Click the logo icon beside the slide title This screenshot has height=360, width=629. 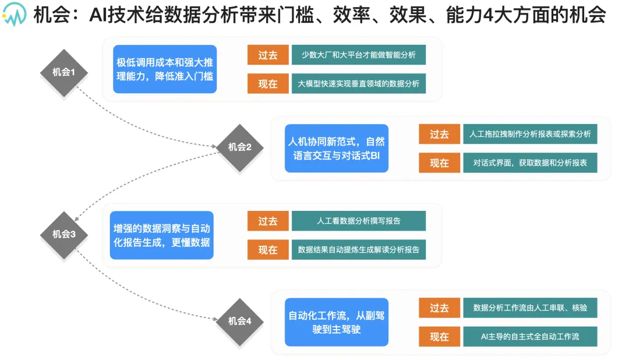pos(15,14)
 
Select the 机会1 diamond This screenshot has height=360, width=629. pos(64,73)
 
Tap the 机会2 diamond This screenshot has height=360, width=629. pos(239,148)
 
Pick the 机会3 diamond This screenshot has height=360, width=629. pos(64,235)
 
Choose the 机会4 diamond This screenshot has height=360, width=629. pos(239,322)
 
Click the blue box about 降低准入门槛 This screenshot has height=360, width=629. pos(165,69)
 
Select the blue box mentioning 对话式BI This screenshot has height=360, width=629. pos(337,148)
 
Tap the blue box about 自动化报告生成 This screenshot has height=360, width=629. pos(162,235)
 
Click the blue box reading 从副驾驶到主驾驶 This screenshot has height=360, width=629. pos(337,322)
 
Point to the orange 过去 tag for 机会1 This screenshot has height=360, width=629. pos(268,55)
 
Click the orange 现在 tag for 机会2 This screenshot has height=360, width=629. pos(439,163)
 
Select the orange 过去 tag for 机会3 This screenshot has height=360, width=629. pos(268,221)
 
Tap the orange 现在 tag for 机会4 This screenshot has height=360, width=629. pos(439,337)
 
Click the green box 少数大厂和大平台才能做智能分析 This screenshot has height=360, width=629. pos(359,55)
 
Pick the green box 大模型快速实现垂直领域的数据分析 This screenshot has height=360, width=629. pos(359,83)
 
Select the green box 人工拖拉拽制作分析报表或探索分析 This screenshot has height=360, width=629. pos(530,134)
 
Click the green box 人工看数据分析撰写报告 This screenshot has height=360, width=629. pos(359,221)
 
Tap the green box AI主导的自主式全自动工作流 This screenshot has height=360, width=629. pos(530,337)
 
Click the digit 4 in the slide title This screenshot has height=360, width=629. pos(488,15)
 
